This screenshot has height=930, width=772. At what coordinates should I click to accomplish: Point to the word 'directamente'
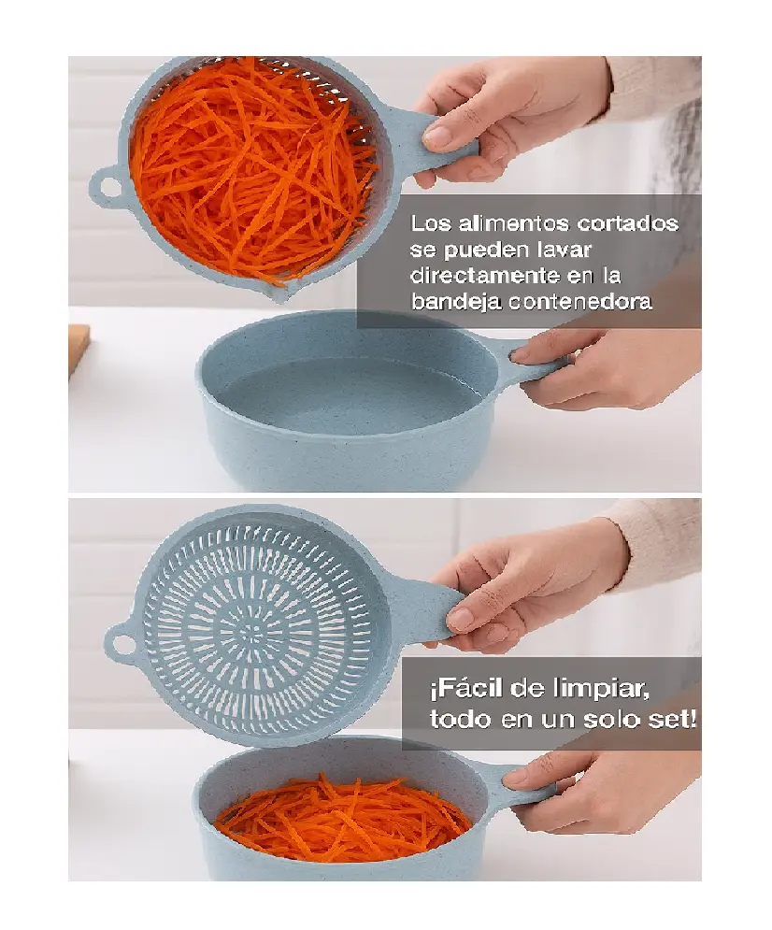point(486,275)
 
